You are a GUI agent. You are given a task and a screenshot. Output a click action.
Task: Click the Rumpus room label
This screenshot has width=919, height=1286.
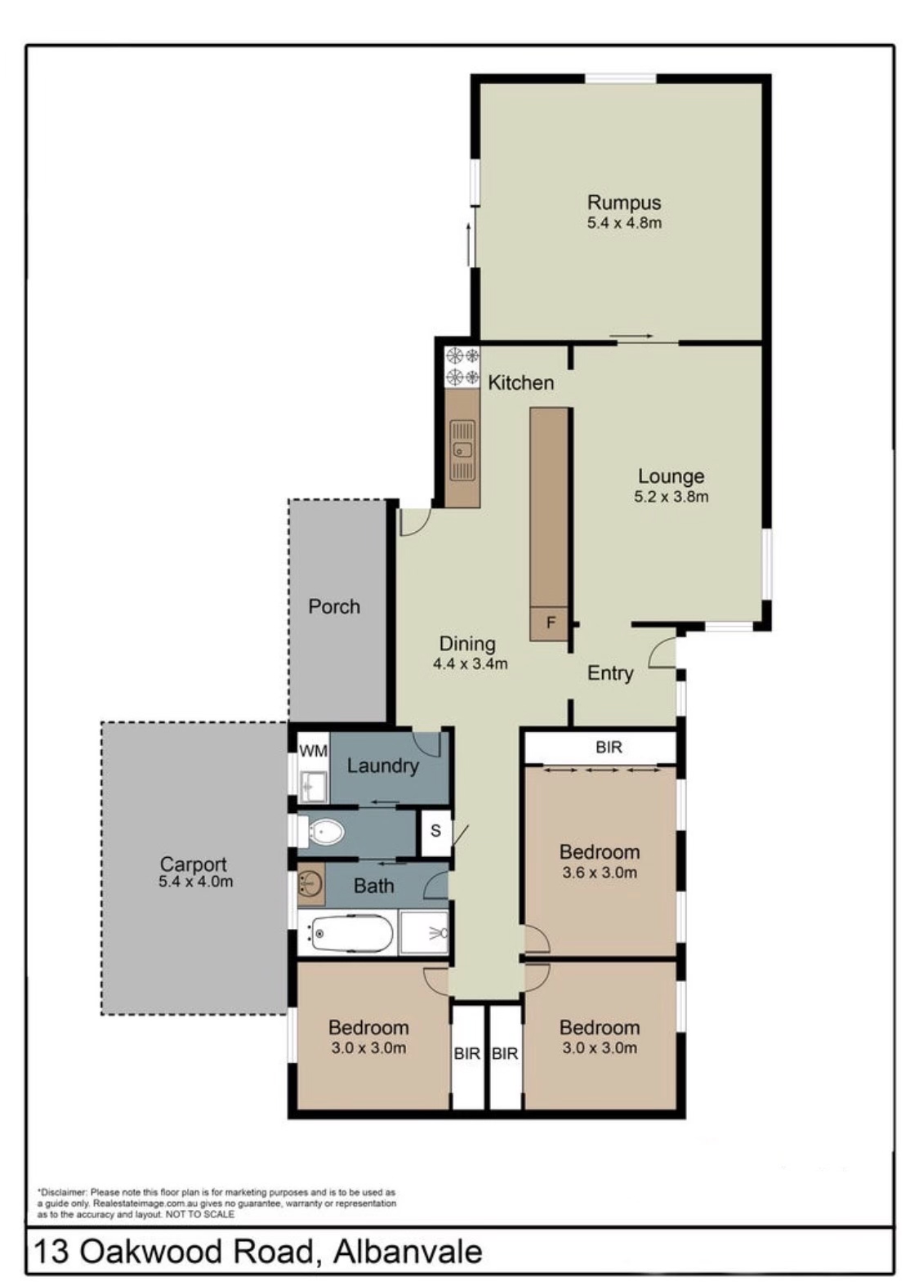[623, 203]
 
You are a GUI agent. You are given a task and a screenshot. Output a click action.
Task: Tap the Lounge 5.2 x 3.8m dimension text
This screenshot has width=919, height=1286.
[671, 497]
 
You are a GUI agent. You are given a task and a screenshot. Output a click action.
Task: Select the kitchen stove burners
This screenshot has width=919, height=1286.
[462, 366]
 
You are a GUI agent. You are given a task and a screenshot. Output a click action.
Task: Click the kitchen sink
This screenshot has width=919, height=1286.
[462, 450]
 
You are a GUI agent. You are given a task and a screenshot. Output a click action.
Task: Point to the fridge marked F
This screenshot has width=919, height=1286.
[550, 623]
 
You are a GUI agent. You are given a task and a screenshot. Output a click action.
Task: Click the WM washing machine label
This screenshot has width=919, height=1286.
[314, 751]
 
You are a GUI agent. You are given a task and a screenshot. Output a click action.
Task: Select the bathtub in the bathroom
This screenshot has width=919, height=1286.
[350, 934]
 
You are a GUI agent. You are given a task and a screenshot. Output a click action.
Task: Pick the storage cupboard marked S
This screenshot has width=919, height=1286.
[435, 831]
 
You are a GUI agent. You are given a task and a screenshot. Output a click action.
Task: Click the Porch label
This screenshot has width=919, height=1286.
[334, 606]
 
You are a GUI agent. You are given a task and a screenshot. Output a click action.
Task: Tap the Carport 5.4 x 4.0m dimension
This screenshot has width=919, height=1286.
[196, 882]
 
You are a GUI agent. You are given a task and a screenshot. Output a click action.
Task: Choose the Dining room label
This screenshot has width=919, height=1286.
[467, 644]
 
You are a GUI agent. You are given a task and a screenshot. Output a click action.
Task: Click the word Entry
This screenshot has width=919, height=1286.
[610, 673]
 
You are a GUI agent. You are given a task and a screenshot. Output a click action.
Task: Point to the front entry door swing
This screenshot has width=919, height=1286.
[662, 653]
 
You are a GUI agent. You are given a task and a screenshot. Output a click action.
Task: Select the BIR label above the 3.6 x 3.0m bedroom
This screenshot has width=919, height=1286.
[609, 747]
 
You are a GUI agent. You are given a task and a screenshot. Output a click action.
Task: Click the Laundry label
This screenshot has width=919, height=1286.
[383, 766]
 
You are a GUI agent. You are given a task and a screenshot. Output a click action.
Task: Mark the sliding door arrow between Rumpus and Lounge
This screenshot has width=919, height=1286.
[631, 336]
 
